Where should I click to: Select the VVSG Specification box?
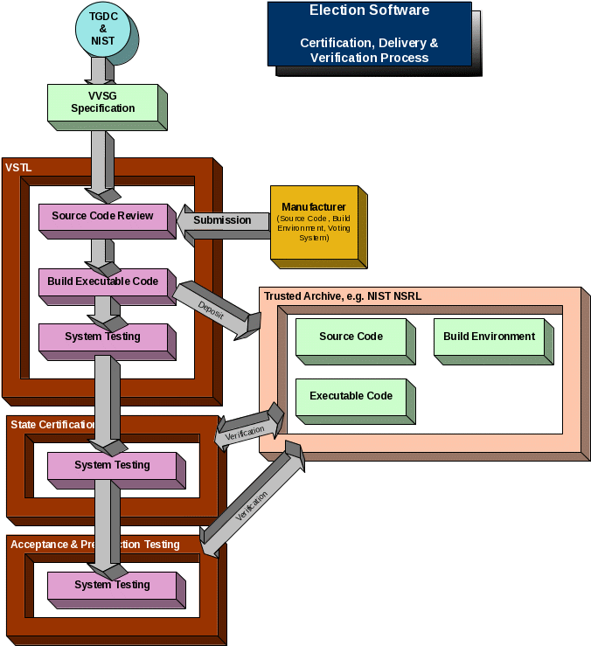coord(102,102)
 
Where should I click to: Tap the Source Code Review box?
coord(102,216)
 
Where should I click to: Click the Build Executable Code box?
coord(102,281)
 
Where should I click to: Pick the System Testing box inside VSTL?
coord(102,337)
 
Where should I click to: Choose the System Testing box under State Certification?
coord(111,465)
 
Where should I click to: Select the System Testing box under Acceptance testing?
coord(111,585)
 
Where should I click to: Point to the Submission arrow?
coord(223,220)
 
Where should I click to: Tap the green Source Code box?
coord(351,337)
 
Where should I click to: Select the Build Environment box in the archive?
coord(489,337)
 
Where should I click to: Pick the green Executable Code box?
coord(351,396)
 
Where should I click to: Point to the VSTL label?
coord(18,167)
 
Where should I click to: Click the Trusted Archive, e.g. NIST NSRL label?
coord(343,296)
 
